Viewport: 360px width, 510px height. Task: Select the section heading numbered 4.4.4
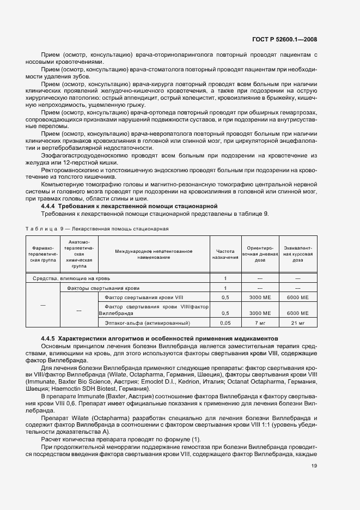pos(130,206)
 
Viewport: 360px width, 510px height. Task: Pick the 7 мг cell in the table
pos(259,323)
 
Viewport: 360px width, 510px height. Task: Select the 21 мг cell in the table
pos(297,323)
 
